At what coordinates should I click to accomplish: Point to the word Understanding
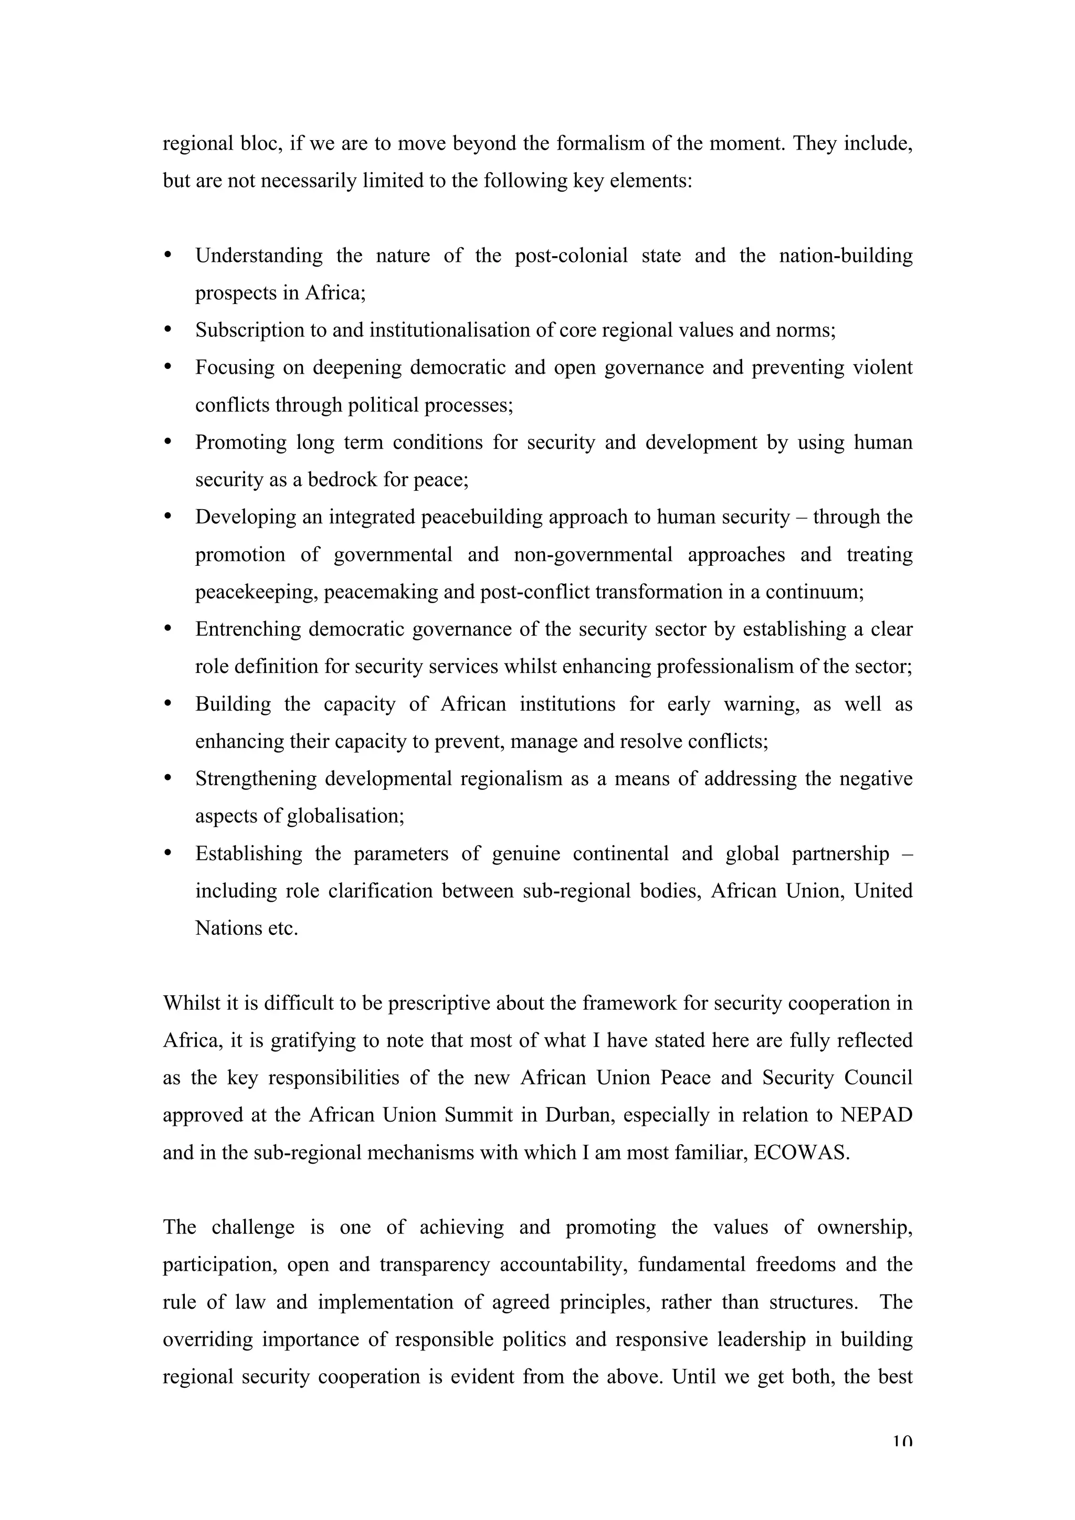tap(259, 256)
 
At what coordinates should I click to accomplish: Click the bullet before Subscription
tap(167, 329)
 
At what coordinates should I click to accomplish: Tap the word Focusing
tap(234, 367)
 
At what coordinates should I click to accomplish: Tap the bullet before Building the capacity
tap(167, 703)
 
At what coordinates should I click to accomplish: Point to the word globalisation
tap(344, 816)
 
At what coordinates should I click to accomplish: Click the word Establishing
tap(248, 854)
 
